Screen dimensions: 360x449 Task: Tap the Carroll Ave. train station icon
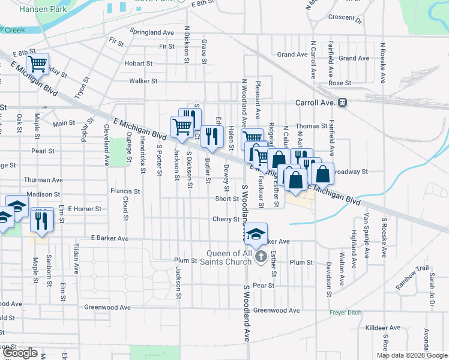click(342, 103)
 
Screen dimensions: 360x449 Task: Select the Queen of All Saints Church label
click(230, 256)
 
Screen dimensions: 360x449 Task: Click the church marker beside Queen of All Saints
click(261, 257)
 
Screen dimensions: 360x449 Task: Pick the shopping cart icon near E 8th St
click(38, 63)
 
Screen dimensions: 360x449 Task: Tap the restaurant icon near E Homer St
click(41, 220)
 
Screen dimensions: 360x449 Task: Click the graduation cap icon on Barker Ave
click(256, 235)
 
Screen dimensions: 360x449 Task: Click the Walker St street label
click(143, 80)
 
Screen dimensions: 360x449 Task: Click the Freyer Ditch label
click(346, 313)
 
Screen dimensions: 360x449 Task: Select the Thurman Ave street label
click(43, 179)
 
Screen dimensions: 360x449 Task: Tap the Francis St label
click(125, 191)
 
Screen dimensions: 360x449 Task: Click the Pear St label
click(264, 286)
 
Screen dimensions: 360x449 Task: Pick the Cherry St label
click(226, 219)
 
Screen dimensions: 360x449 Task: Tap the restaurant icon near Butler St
click(211, 136)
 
